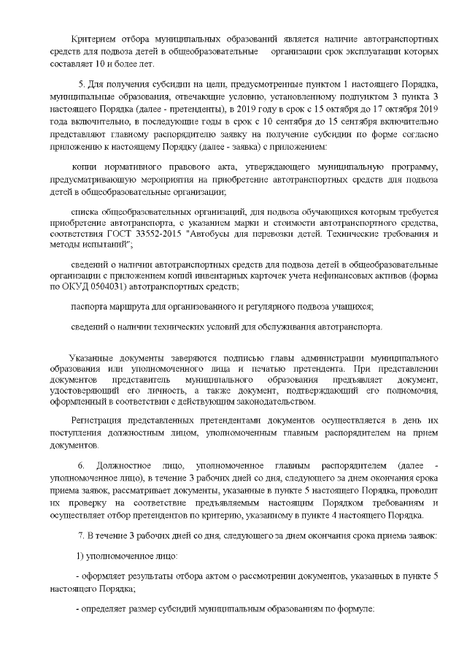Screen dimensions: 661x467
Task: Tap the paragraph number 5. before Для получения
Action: [x=81, y=85]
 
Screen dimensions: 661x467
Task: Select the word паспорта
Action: [x=90, y=306]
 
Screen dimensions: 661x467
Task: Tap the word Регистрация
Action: [x=97, y=421]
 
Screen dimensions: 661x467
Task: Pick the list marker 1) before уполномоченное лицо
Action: [x=81, y=557]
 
